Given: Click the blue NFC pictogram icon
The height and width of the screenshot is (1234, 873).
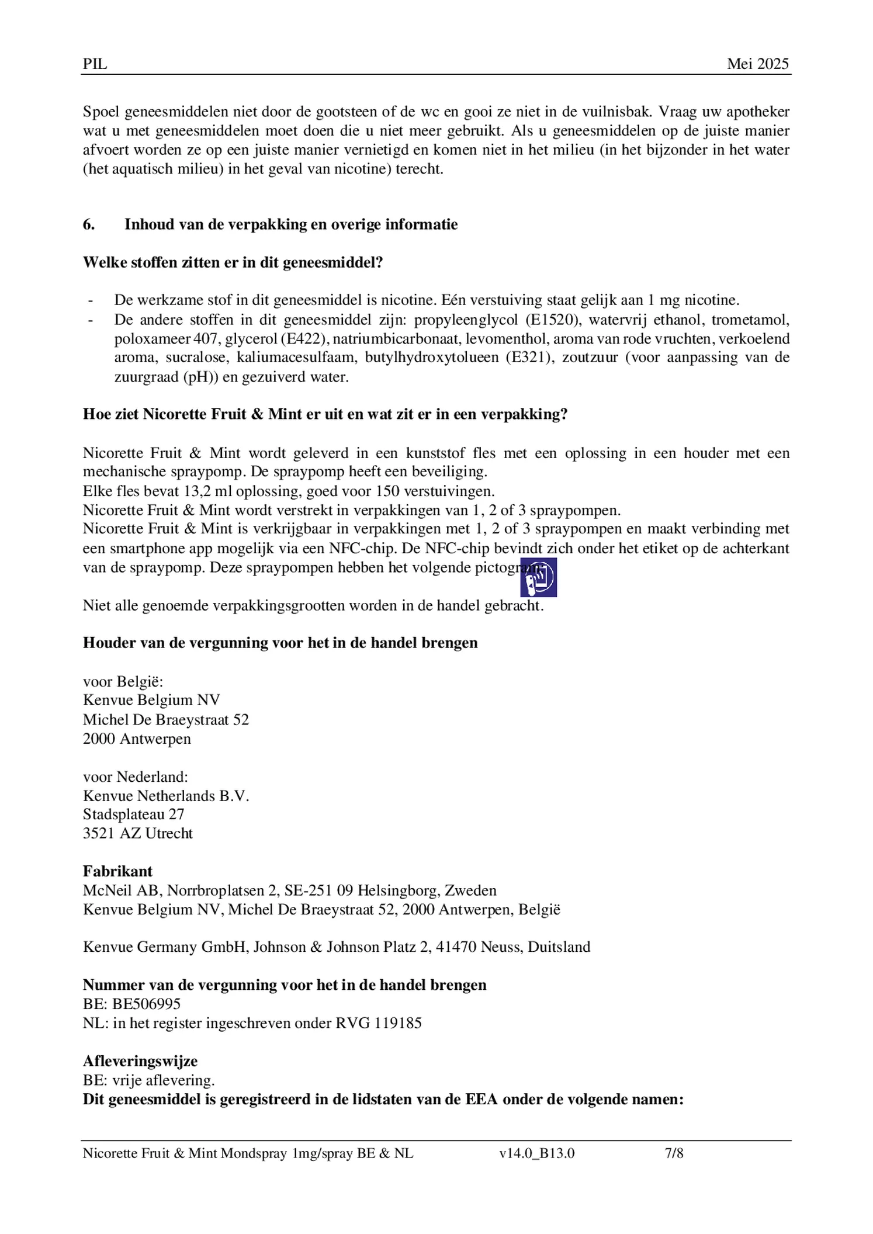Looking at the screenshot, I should [538, 577].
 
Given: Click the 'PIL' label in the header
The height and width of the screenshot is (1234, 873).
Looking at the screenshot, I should [95, 64].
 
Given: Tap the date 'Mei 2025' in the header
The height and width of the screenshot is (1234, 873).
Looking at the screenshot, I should [757, 64].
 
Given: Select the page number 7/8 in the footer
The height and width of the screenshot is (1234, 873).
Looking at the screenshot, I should [674, 1153].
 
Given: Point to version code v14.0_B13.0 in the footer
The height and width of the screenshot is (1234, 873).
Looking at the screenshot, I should [536, 1153].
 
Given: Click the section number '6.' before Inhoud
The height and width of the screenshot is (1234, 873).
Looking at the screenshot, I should [89, 225].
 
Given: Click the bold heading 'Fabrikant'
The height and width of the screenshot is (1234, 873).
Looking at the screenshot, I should [117, 871].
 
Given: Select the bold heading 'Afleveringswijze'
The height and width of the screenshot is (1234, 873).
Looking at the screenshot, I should [140, 1061].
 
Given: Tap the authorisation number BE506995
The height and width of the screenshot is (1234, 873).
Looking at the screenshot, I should [147, 1004].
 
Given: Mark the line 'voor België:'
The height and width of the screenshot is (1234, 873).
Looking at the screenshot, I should [123, 681].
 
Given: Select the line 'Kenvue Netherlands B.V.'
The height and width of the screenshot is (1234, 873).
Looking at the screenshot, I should [166, 795].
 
